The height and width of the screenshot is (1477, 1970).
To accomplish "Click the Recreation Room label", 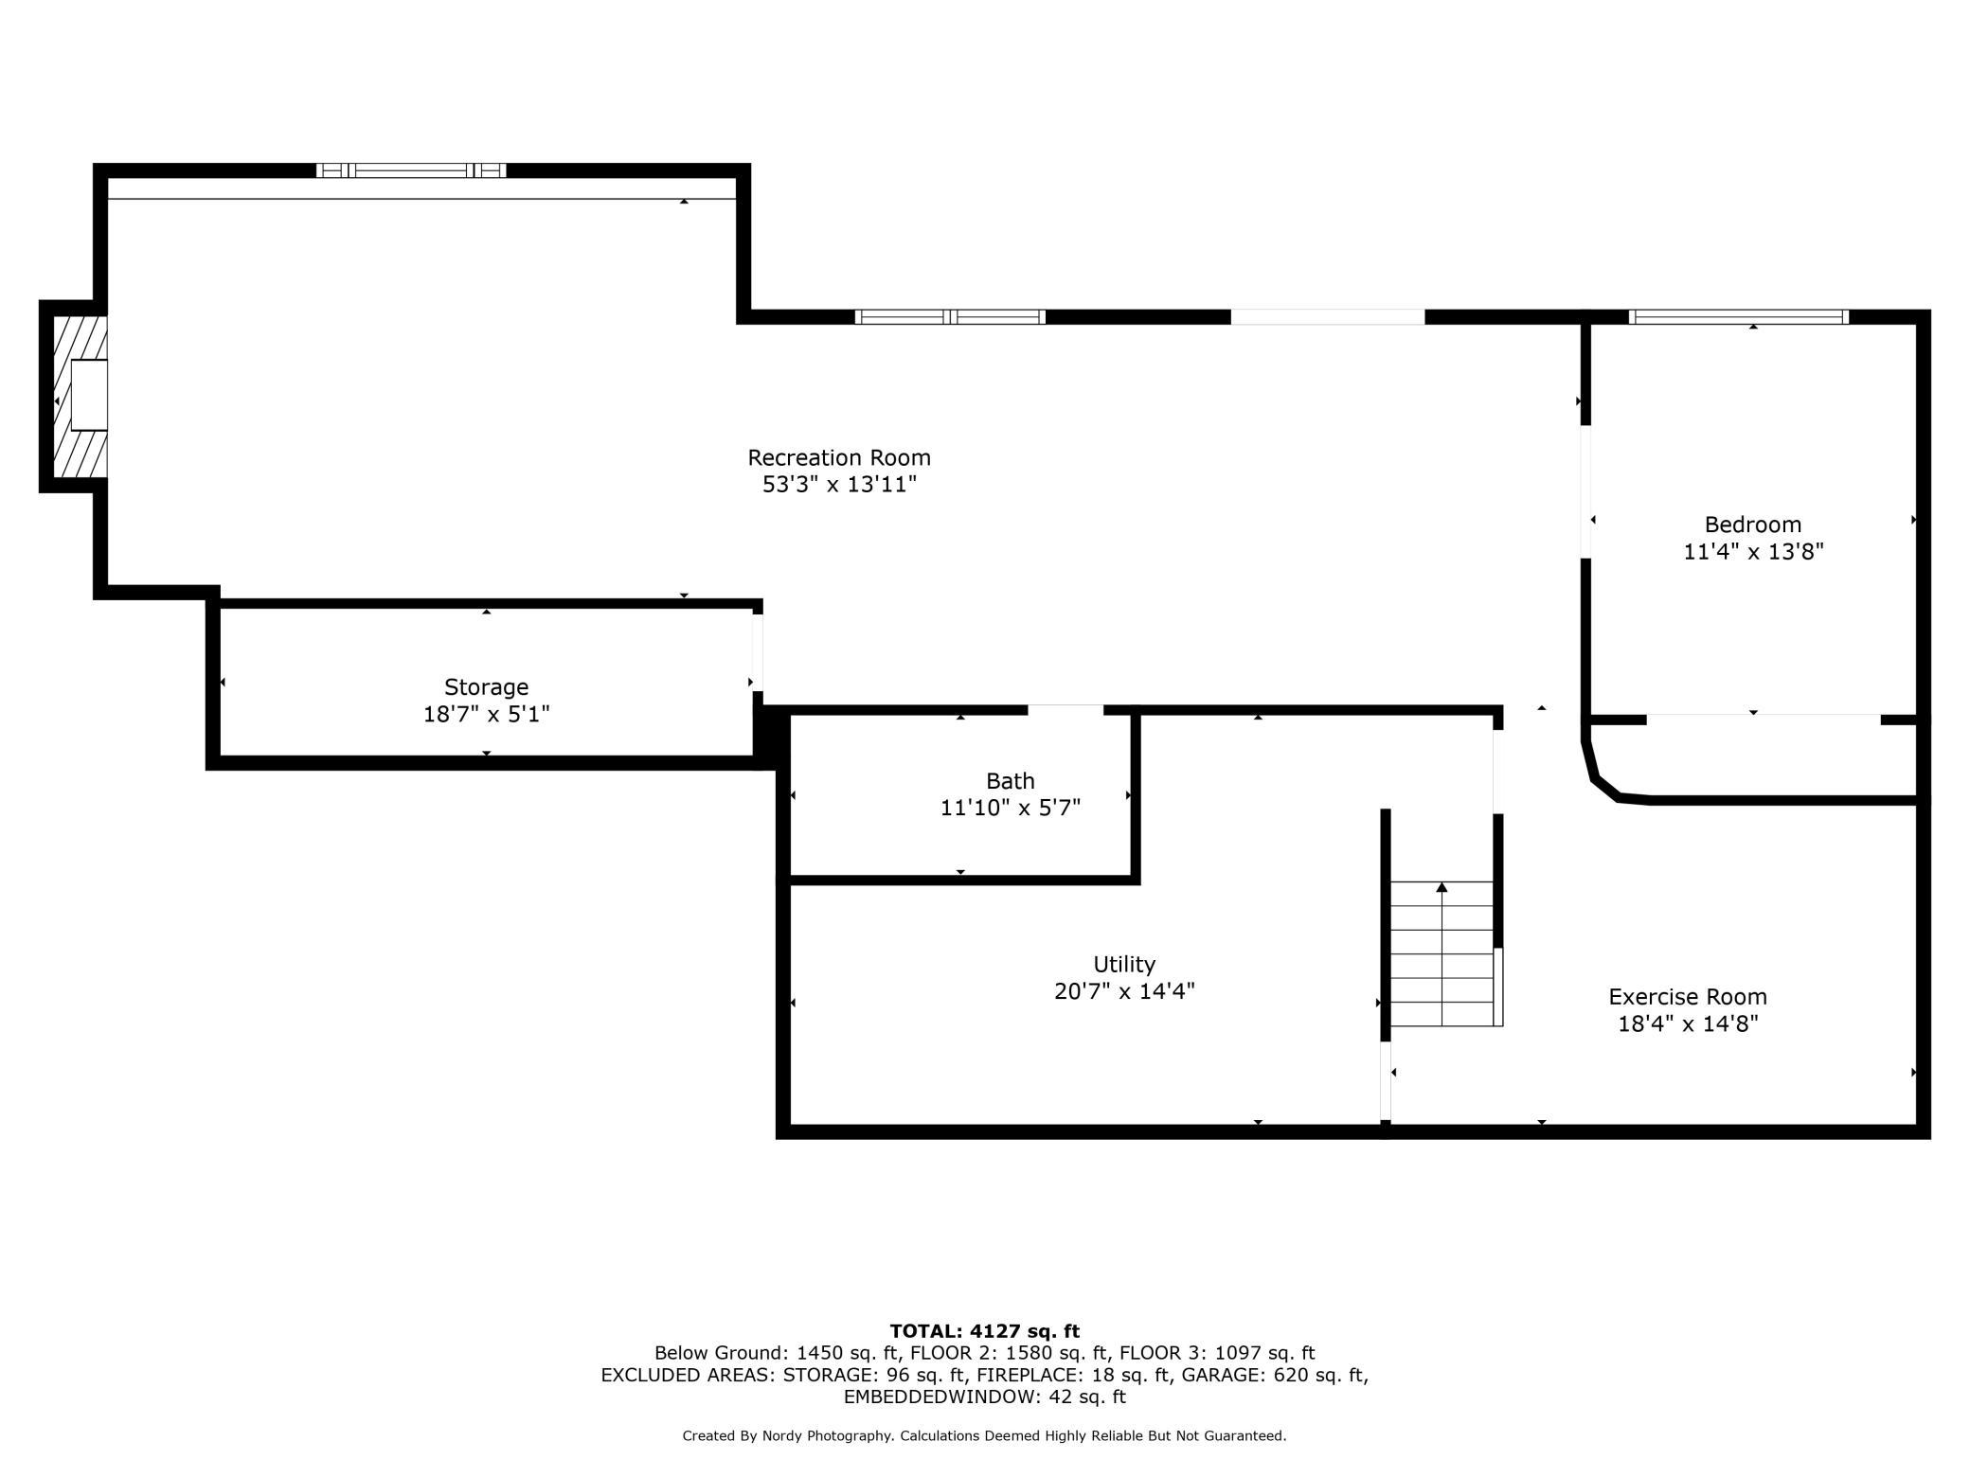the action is (839, 458).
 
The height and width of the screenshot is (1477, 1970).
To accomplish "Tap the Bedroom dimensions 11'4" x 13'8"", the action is (1753, 551).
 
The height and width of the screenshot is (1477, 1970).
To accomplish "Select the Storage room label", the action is (486, 688).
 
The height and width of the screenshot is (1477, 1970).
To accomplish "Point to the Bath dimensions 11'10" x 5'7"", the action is (1010, 808).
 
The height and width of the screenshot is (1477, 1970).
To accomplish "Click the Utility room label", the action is (1124, 965).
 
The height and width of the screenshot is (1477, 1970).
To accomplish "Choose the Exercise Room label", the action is (1688, 997).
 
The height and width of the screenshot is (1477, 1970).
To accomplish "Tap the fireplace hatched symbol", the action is (80, 398).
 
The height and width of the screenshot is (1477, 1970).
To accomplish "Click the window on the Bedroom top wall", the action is (1738, 317).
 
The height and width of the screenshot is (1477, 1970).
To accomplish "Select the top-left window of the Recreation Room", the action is (411, 170).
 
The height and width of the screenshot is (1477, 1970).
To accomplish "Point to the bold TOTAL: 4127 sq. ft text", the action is (984, 1331).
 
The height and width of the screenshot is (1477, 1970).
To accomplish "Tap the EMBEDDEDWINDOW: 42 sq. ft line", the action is (984, 1397).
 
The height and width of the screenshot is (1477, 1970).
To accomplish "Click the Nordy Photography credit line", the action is (984, 1436).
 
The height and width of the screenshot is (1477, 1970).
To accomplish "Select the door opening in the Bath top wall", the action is (1066, 710).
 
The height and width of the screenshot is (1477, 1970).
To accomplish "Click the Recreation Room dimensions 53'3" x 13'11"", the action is (840, 485).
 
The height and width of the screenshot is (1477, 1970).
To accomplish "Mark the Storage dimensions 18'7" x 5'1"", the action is (486, 714).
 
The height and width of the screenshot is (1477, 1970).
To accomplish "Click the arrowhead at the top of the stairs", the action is (1442, 887).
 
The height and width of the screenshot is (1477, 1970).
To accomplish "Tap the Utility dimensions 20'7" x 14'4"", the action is (1124, 991).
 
